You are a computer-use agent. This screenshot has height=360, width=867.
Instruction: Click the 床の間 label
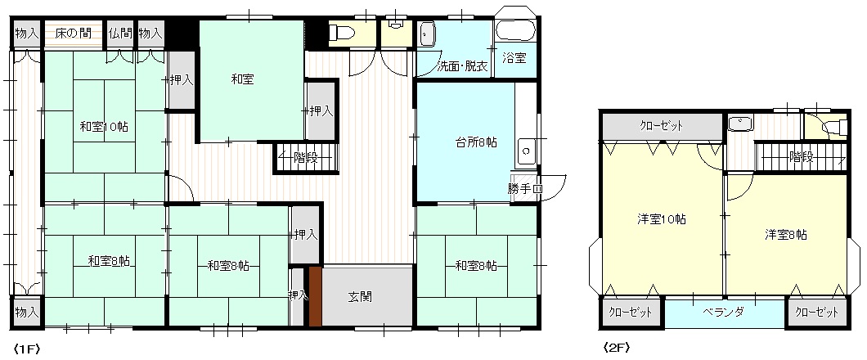pyautogui.click(x=73, y=34)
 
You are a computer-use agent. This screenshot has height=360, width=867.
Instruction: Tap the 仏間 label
pyautogui.click(x=119, y=34)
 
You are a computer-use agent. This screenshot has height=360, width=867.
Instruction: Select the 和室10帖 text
pyautogui.click(x=104, y=127)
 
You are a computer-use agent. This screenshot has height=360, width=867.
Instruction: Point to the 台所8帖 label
pyautogui.click(x=477, y=143)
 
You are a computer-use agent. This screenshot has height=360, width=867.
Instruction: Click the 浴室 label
pyautogui.click(x=514, y=59)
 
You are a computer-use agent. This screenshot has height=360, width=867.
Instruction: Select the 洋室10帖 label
pyautogui.click(x=662, y=220)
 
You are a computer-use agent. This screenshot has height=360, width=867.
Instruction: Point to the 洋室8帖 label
pyautogui.click(x=786, y=235)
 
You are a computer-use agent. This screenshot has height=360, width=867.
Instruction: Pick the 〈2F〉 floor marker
pyautogui.click(x=615, y=347)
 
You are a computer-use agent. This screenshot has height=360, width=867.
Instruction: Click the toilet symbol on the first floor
pyautogui.click(x=339, y=34)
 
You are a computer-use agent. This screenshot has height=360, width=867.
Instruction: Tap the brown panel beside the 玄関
pyautogui.click(x=315, y=297)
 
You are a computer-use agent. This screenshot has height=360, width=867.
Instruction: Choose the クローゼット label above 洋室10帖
pyautogui.click(x=661, y=126)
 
